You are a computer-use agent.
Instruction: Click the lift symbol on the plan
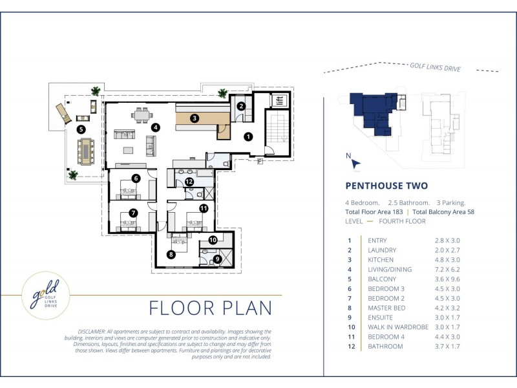pyautogui.click(x=280, y=100)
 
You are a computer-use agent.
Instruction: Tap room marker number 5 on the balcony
pyautogui.click(x=81, y=129)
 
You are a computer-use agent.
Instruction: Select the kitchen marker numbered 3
pyautogui.click(x=195, y=118)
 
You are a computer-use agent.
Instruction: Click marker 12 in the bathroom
pyautogui.click(x=189, y=182)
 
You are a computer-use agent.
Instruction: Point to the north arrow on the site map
pyautogui.click(x=355, y=164)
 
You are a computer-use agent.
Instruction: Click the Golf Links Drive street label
pyautogui.click(x=435, y=67)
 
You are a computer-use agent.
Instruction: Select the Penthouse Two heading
pyautogui.click(x=386, y=186)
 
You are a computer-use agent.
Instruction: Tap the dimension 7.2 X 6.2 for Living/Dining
pyautogui.click(x=447, y=270)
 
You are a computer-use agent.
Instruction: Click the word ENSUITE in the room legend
pyautogui.click(x=380, y=318)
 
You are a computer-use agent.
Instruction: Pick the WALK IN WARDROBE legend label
pyautogui.click(x=398, y=327)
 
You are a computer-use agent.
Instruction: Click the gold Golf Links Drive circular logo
pyautogui.click(x=46, y=296)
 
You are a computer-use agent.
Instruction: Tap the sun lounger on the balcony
pyautogui.click(x=63, y=113)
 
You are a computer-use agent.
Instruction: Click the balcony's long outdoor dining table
pyautogui.click(x=86, y=151)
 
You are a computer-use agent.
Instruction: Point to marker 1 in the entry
pyautogui.click(x=248, y=136)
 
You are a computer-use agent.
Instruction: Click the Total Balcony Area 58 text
pyautogui.click(x=443, y=212)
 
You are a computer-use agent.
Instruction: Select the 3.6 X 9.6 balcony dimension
pyautogui.click(x=447, y=279)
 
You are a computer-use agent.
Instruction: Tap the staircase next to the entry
pyautogui.click(x=278, y=132)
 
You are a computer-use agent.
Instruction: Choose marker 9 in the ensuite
pyautogui.click(x=217, y=259)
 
